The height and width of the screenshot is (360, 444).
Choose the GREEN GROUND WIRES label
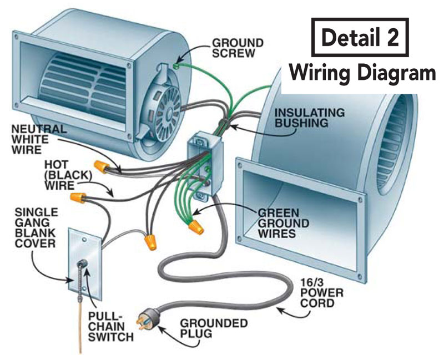coord(279,222)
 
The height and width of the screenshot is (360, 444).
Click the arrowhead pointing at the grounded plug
coord(163,328)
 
